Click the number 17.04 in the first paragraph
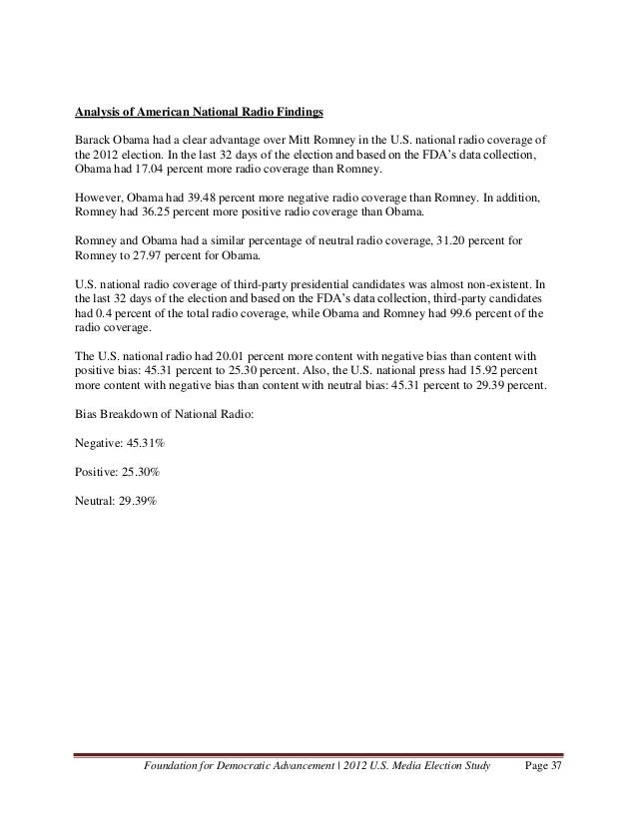coord(146,171)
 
